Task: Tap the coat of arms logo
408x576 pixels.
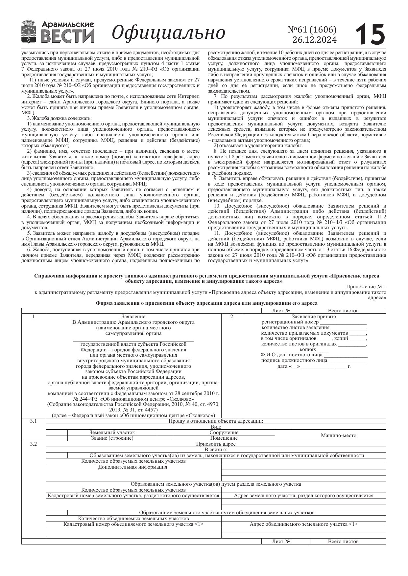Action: point(29,32)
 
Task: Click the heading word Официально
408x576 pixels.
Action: point(169,33)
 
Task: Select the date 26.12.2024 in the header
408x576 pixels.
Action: point(314,40)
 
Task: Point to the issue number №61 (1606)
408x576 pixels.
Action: point(312,30)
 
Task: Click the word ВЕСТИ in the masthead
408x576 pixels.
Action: point(68,36)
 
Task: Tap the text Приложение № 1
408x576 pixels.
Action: point(366,287)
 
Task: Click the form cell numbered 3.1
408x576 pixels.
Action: point(33,421)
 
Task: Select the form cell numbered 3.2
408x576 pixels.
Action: point(33,444)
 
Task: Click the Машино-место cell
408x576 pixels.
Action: point(338,435)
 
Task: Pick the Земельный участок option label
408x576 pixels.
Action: point(112,433)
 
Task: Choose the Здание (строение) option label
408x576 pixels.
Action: point(112,438)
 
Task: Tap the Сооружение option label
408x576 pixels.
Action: point(224,433)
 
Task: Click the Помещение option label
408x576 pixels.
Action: point(224,438)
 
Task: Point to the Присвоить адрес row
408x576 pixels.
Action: point(216,444)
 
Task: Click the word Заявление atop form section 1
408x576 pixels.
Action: point(133,317)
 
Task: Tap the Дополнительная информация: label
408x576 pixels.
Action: point(133,467)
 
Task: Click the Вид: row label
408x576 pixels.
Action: point(216,427)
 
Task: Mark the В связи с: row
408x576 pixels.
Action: point(216,450)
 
